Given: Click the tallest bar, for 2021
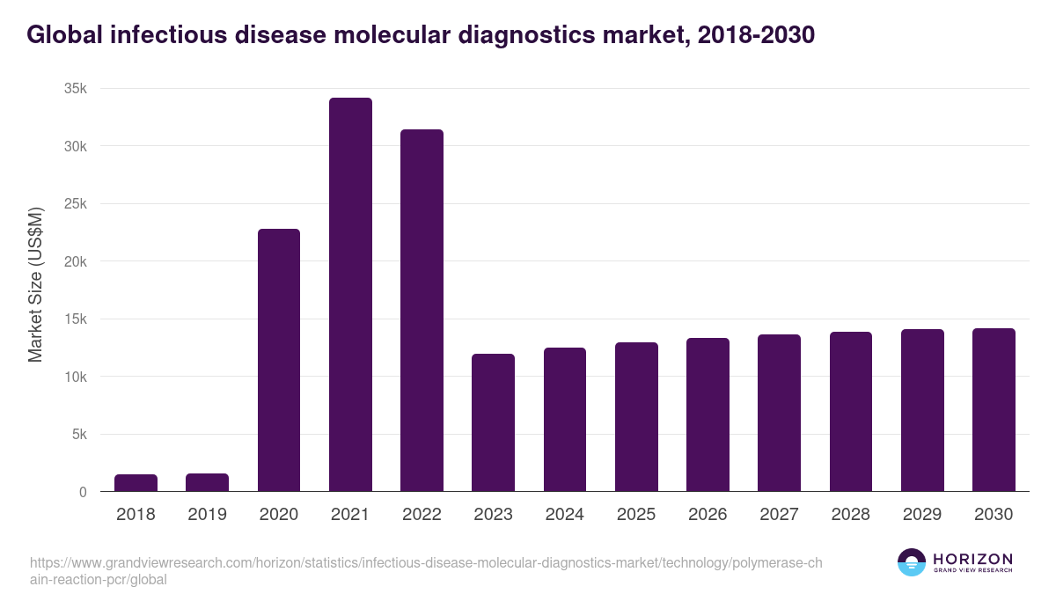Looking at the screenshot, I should pyautogui.click(x=350, y=295).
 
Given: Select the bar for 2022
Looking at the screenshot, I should pyautogui.click(x=422, y=311).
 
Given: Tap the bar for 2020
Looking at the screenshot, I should pyautogui.click(x=279, y=360).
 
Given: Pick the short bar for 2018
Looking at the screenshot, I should pyautogui.click(x=136, y=483).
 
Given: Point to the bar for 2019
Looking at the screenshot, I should pyautogui.click(x=207, y=482).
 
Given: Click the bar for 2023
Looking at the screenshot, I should pyautogui.click(x=493, y=422).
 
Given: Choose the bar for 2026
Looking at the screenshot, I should pyautogui.click(x=708, y=414).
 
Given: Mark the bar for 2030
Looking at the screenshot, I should pyautogui.click(x=994, y=410).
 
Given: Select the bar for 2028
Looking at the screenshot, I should pyautogui.click(x=850, y=412).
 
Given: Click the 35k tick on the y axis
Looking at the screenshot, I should pyautogui.click(x=75, y=89).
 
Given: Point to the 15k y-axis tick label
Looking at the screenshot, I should pyautogui.click(x=75, y=319).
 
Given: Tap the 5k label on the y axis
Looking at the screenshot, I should pyautogui.click(x=78, y=435).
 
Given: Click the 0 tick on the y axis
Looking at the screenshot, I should pyautogui.click(x=83, y=493).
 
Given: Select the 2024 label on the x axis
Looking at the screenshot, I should pyautogui.click(x=564, y=515).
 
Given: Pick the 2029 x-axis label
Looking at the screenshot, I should pyautogui.click(x=921, y=515).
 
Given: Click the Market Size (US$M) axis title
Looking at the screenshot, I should pyautogui.click(x=35, y=283).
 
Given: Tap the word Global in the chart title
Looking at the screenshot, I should pyautogui.click(x=59, y=35).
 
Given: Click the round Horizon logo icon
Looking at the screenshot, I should pyautogui.click(x=911, y=562).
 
